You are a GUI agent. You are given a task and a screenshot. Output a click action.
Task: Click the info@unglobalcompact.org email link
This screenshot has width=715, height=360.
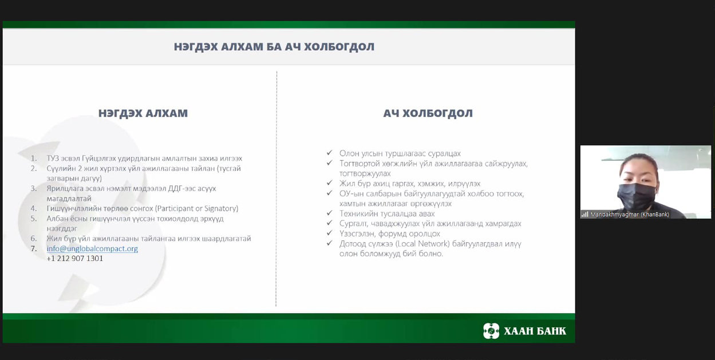(92, 248)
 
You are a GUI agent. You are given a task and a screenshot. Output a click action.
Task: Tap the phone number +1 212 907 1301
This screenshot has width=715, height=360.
(74, 259)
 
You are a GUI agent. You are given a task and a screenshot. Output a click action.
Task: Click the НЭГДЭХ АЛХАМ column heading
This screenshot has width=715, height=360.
(143, 113)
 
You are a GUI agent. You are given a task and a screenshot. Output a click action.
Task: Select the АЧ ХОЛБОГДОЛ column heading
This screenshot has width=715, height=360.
(428, 113)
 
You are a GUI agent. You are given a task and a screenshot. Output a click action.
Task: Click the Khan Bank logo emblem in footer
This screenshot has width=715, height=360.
(491, 331)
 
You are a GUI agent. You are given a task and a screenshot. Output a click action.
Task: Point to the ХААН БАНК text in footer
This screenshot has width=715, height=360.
(535, 331)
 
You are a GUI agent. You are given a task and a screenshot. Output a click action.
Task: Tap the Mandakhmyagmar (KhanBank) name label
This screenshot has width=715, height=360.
(630, 215)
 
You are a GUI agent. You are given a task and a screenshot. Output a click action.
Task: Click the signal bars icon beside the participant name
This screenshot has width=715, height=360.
(585, 215)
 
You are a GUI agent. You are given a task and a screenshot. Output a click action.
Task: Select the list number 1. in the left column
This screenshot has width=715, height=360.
(34, 159)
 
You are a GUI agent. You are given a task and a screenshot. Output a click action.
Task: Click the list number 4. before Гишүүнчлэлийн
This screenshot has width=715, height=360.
(34, 208)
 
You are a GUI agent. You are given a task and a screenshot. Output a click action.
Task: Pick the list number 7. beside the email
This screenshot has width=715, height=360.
(34, 248)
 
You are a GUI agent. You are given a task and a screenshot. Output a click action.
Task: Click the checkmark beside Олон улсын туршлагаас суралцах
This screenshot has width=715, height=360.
(329, 153)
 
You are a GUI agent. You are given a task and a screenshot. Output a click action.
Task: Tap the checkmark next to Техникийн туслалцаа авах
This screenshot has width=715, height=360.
(329, 213)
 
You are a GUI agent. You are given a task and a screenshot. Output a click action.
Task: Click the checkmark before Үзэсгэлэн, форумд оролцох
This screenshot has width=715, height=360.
(329, 233)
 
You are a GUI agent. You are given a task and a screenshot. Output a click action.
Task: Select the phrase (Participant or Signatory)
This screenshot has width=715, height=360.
(196, 208)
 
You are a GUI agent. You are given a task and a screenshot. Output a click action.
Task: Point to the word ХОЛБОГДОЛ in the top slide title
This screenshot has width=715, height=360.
(339, 47)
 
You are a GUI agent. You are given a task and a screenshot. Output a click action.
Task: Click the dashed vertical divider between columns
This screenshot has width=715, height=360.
(276, 189)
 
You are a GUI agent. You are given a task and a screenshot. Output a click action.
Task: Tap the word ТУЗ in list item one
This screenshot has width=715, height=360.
(52, 159)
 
